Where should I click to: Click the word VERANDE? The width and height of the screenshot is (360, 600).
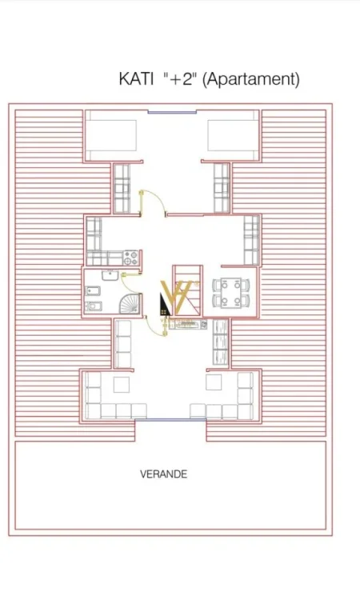[163, 474]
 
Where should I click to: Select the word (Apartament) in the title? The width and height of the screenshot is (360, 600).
[251, 79]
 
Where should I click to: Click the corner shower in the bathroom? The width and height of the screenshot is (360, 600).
[128, 303]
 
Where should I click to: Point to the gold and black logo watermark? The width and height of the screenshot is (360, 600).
[175, 301]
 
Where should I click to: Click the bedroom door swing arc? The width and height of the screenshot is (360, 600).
[146, 198]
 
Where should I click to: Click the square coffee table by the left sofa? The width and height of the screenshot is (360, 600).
[121, 385]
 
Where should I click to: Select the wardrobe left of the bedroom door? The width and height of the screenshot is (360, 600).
[122, 189]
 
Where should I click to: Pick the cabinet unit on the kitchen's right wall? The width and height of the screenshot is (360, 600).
[251, 239]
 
